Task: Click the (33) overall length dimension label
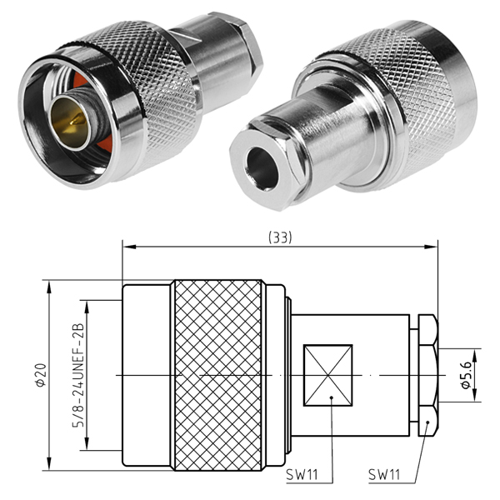point(280,237)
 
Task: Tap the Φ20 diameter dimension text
point(42,375)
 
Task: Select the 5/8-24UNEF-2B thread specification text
point(79,375)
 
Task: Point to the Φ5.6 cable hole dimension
point(466,375)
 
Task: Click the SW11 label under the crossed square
point(302,474)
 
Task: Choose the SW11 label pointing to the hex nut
point(384,474)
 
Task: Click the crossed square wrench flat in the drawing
point(327,375)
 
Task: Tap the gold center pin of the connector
point(71,122)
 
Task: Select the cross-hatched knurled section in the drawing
point(218,375)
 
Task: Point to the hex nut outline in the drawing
point(428,375)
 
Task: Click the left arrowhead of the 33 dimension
point(129,247)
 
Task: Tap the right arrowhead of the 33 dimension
point(431,247)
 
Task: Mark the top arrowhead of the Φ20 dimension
point(49,287)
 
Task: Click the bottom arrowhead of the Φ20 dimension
point(49,463)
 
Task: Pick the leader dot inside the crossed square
point(332,397)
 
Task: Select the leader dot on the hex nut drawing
point(428,422)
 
